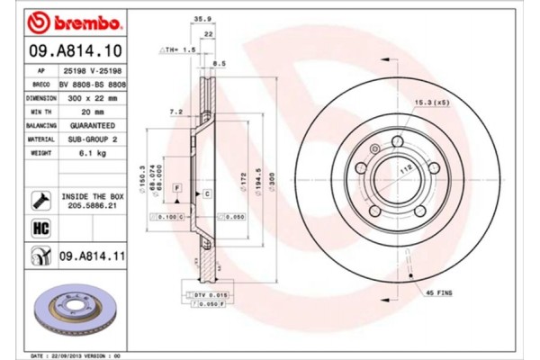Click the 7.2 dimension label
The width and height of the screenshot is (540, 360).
(176, 112)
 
